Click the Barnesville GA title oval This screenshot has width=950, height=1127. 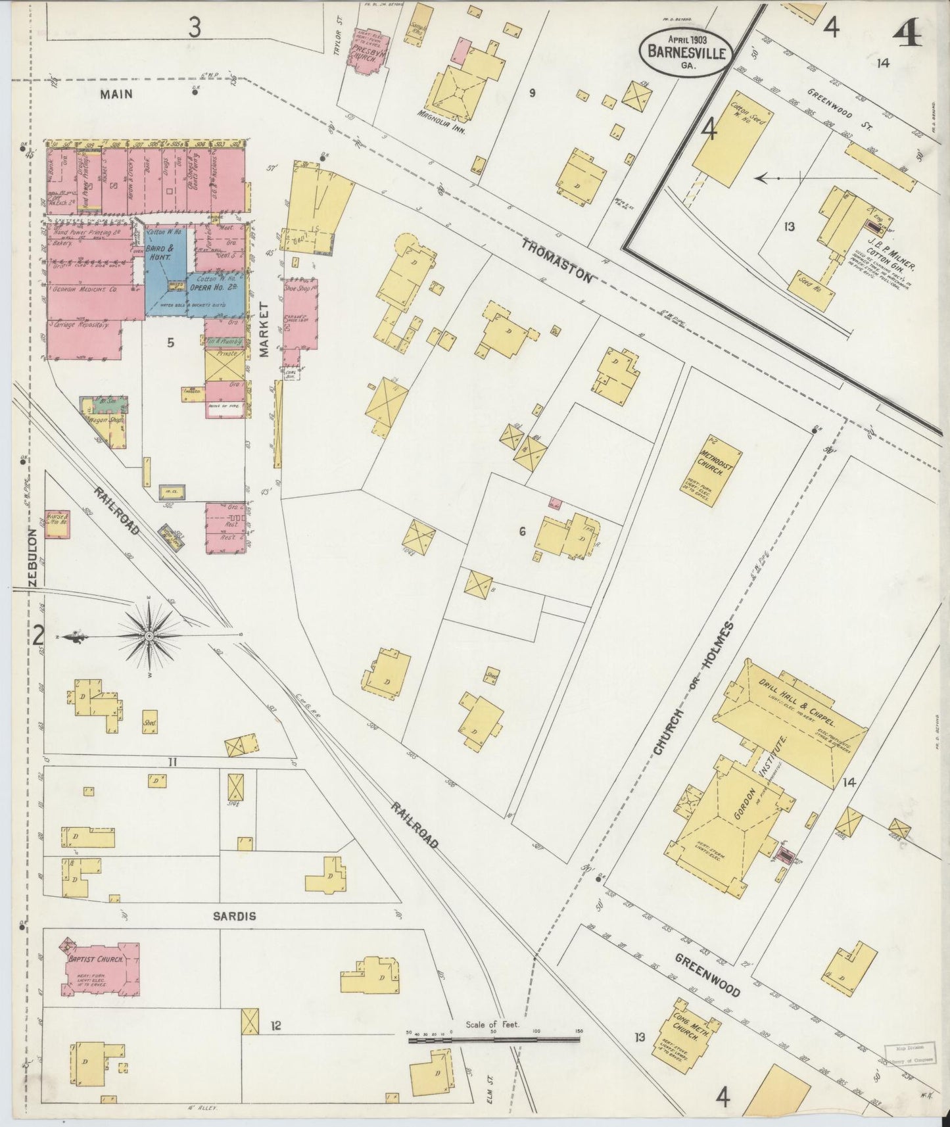tap(685, 51)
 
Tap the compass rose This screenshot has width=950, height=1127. tap(150, 635)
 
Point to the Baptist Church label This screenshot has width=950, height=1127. tap(97, 959)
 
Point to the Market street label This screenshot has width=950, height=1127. tap(265, 329)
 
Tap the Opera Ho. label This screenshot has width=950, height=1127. tap(214, 289)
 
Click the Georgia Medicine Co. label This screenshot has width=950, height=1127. tap(85, 290)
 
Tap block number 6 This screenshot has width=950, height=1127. tap(522, 531)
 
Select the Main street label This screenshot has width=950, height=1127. tap(116, 94)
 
